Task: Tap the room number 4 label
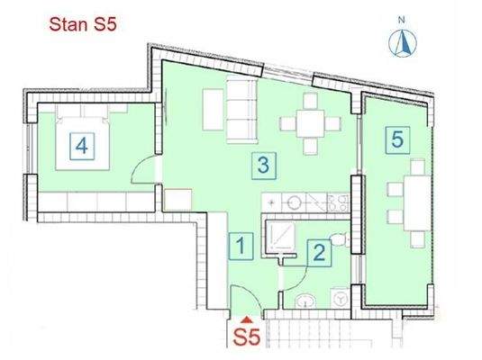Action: click(81, 144)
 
